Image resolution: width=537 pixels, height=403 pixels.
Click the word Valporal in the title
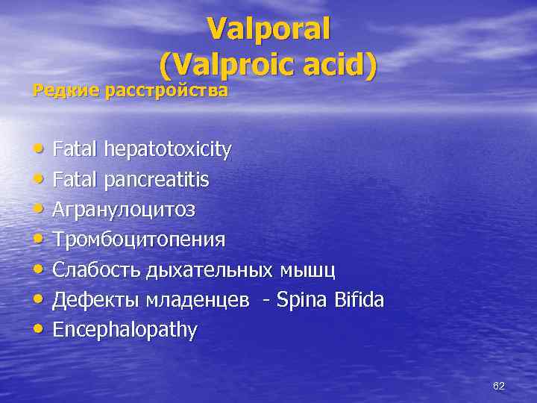tap(268, 30)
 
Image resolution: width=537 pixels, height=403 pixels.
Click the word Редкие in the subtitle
tap(66, 91)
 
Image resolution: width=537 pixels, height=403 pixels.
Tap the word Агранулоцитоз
tap(124, 210)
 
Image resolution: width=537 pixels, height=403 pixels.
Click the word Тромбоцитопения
tap(139, 240)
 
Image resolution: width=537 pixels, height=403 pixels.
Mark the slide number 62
tap(499, 386)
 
